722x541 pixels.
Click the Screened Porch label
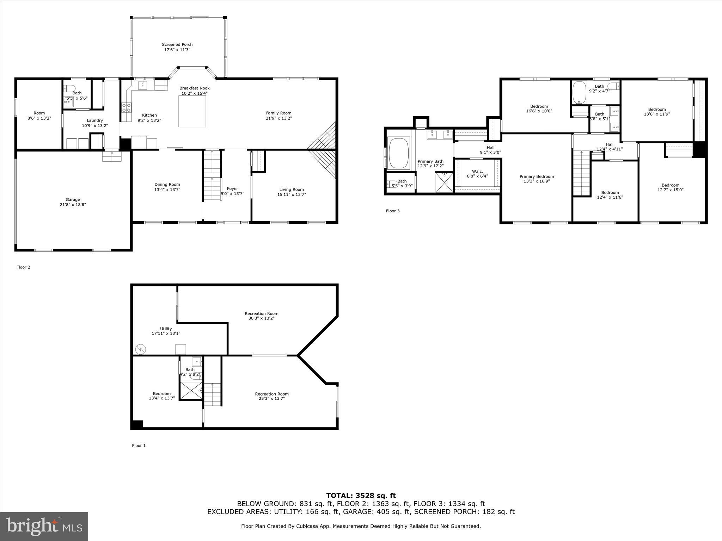coord(177,45)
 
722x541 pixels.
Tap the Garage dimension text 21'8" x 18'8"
coord(73,205)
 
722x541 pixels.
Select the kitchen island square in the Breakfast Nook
coord(192,111)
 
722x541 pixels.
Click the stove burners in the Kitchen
coord(127,107)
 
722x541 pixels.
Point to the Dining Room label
coord(167,185)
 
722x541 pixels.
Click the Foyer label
coord(232,189)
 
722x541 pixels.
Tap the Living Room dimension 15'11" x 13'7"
coord(291,194)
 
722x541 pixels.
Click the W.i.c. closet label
coord(477,172)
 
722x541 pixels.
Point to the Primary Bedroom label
coord(537,176)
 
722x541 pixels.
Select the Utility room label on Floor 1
coord(166,329)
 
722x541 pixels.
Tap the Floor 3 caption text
coord(393,211)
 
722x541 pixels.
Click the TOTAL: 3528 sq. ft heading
coord(361,496)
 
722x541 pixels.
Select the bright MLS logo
coord(44,526)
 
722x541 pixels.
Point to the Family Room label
coord(279,113)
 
